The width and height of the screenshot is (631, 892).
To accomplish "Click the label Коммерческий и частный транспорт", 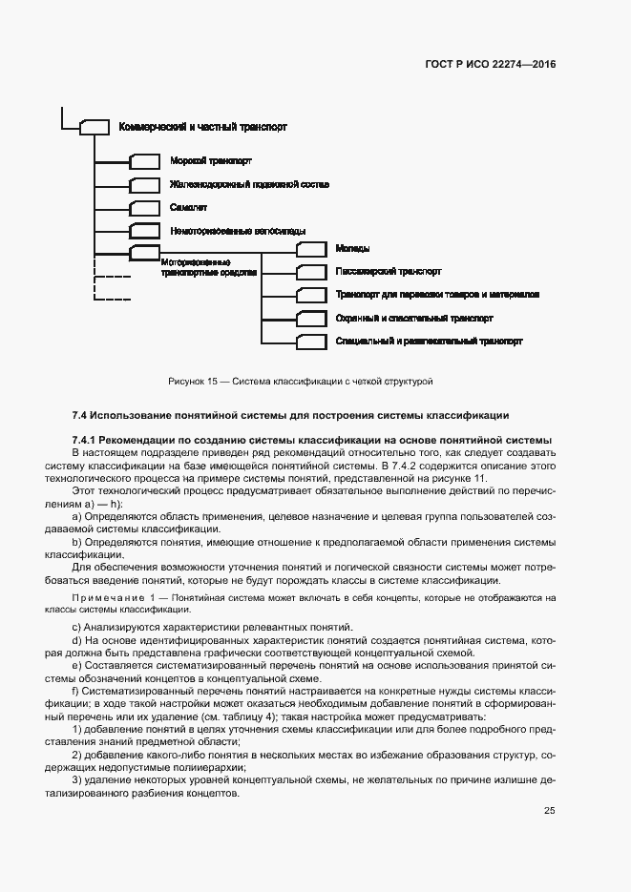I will tap(202, 127).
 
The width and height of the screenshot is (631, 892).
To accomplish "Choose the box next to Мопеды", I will tap(311, 249).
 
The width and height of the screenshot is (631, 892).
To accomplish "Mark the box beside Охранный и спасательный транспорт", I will tap(311, 318).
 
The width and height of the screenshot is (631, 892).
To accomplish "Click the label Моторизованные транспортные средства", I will tap(197, 267).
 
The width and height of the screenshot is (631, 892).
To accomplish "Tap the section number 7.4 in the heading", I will tap(80, 416).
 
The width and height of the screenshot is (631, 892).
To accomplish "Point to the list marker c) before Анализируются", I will tap(76, 627).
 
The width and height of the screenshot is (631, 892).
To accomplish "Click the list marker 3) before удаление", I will tap(76, 780).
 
